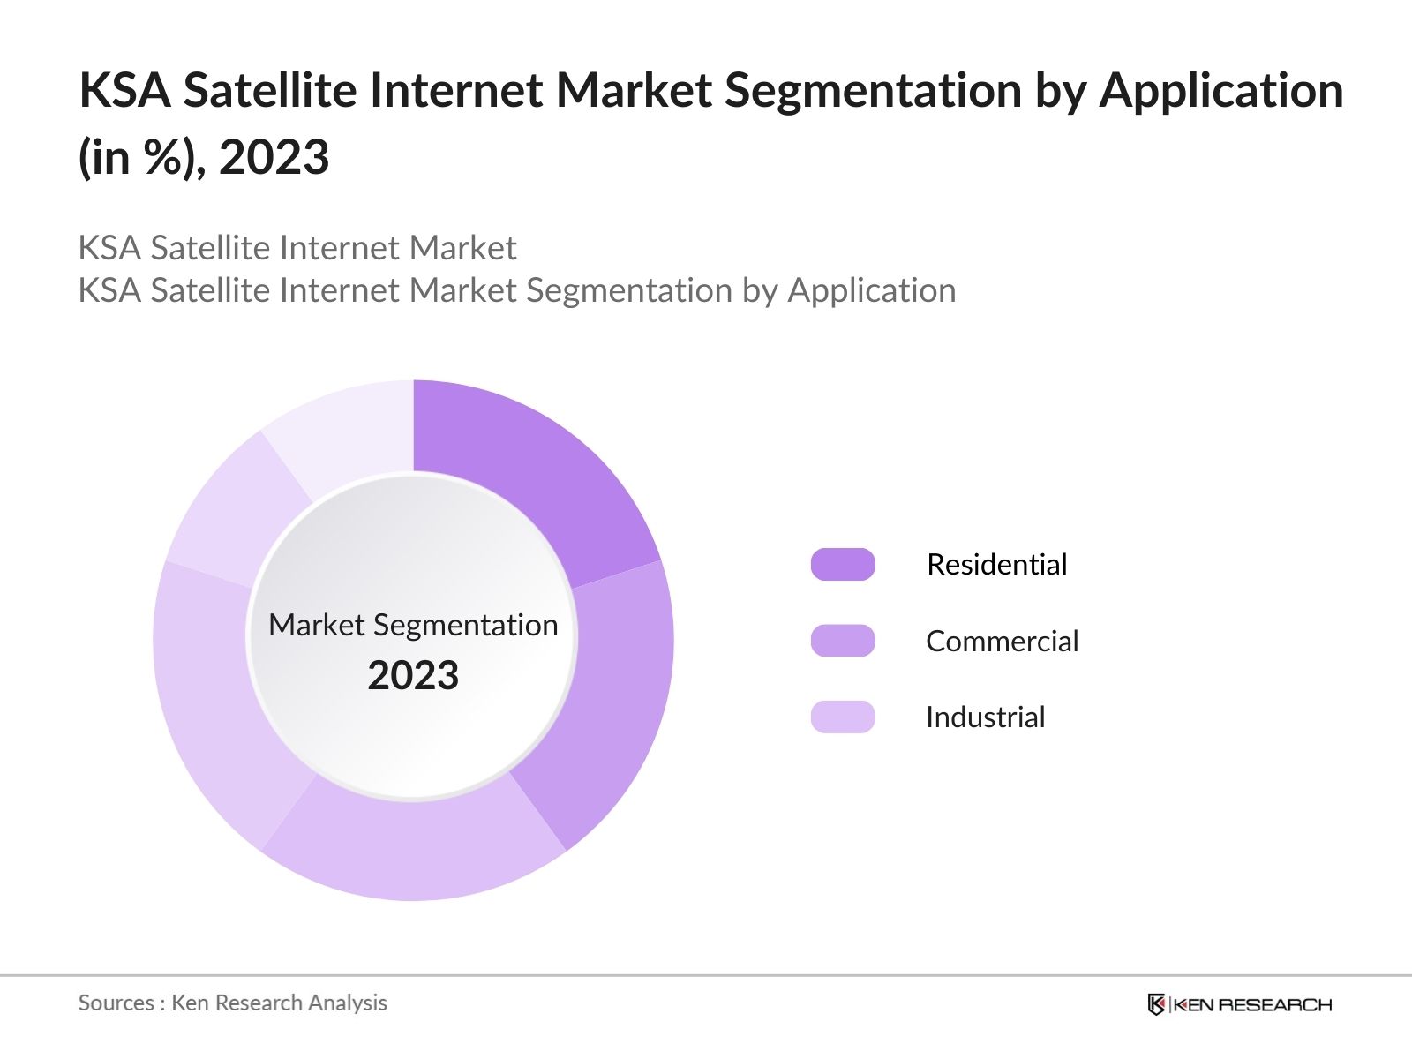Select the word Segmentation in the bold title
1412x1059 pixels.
click(873, 90)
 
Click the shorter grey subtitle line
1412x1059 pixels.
click(297, 248)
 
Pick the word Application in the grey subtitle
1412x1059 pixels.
click(871, 290)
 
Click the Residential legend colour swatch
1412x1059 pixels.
click(843, 564)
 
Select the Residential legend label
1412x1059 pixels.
click(996, 564)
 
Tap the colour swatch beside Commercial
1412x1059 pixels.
click(843, 641)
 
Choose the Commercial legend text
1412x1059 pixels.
click(1002, 641)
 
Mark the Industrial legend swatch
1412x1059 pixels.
click(843, 717)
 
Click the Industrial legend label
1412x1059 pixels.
click(985, 717)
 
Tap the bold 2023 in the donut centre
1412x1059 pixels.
click(413, 675)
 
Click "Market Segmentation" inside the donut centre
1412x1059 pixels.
click(413, 625)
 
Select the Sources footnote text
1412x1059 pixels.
click(232, 1003)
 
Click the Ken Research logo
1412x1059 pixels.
click(1239, 1004)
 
